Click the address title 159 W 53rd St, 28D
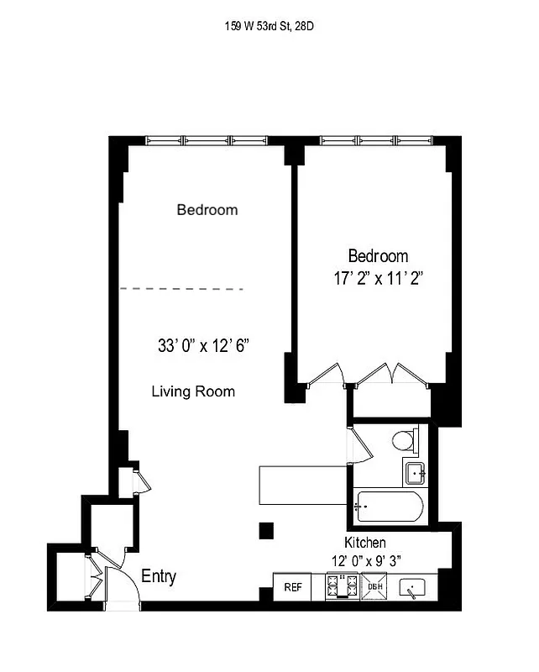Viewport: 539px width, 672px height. [269, 26]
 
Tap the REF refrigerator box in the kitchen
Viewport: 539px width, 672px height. [293, 587]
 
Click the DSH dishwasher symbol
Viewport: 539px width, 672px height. [374, 586]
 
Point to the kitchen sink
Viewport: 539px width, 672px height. [414, 587]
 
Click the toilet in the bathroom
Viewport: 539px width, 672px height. [406, 440]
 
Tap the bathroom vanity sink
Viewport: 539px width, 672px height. [416, 473]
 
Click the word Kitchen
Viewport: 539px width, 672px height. [365, 543]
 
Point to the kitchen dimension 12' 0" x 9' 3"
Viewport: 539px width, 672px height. [365, 560]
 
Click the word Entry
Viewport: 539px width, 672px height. [159, 577]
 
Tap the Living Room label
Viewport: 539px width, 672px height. [193, 391]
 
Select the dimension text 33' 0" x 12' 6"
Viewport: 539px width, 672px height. [204, 345]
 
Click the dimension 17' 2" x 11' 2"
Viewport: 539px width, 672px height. [378, 279]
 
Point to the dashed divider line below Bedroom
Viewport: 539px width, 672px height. [181, 289]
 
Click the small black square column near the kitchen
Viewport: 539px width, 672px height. [266, 530]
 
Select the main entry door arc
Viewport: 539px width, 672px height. [126, 579]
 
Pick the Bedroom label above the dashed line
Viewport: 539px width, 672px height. [207, 210]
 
